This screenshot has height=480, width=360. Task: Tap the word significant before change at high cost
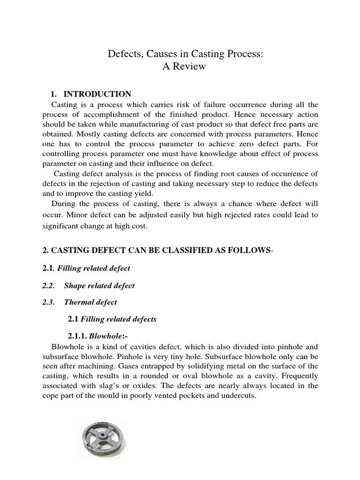click(64, 226)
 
